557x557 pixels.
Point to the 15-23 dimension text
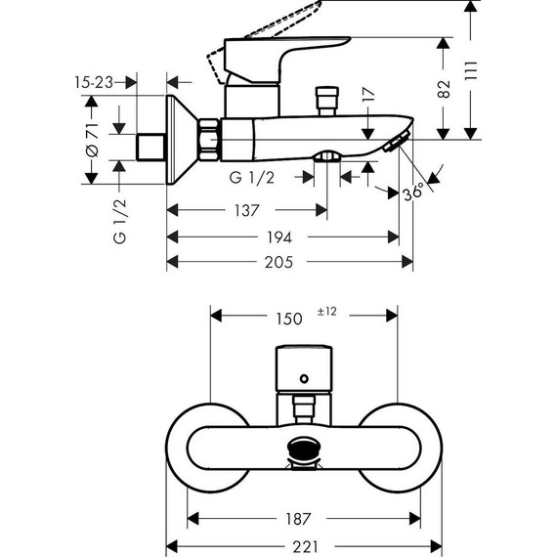95,85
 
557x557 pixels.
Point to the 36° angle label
414,193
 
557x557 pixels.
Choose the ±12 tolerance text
328,312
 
